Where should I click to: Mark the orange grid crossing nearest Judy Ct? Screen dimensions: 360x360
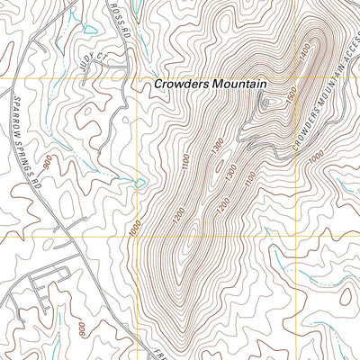tap(136, 79)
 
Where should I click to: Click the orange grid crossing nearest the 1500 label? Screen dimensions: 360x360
tap(266, 79)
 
